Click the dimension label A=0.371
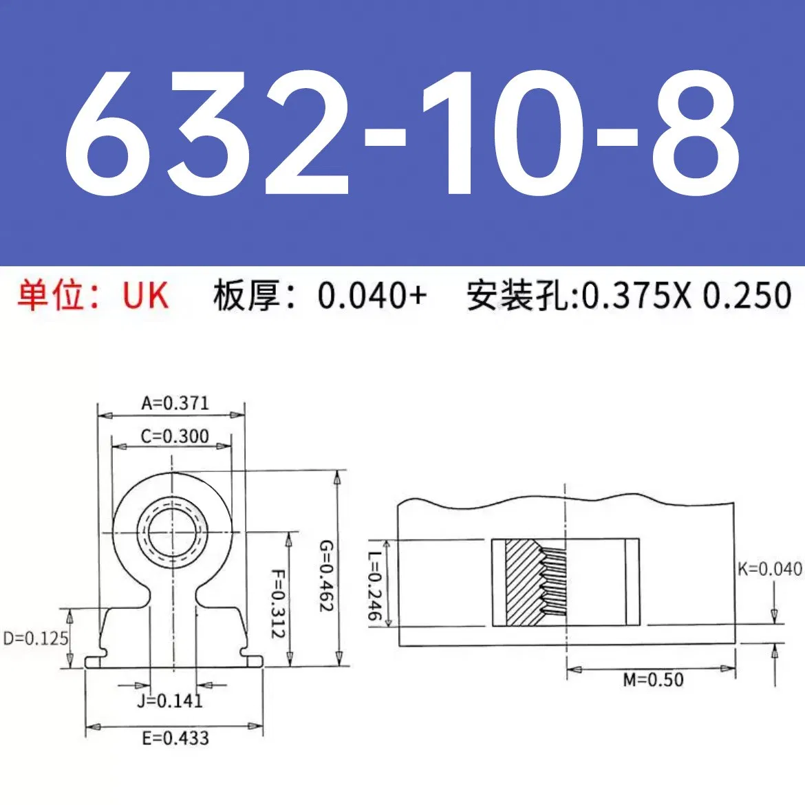point(175,403)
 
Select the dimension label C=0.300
point(175,436)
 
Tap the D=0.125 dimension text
point(36,638)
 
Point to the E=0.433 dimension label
point(175,738)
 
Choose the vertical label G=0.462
point(325,576)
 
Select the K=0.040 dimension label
point(769,569)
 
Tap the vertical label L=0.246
point(374,586)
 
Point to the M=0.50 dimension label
point(653,680)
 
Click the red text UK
point(145,296)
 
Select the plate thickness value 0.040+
point(372,296)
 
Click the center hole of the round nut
point(173,532)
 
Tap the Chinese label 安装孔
point(521,296)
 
